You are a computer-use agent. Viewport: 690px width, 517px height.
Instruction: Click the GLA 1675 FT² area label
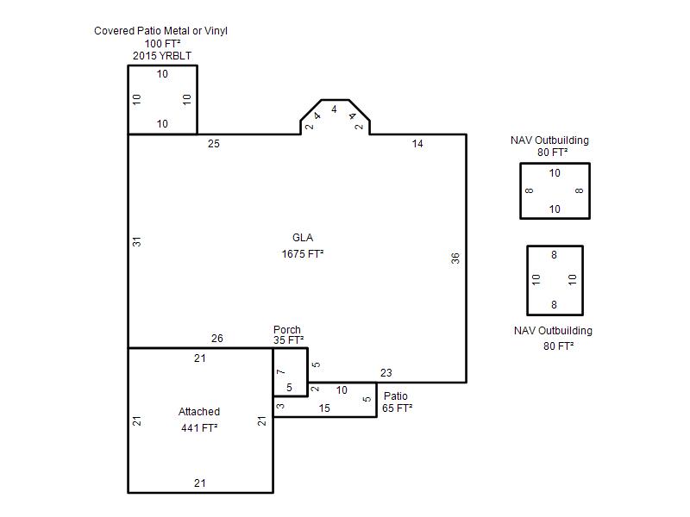[303, 246]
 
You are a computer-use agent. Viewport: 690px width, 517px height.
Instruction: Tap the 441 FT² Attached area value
[199, 427]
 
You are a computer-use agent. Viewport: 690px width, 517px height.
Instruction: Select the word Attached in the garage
[199, 412]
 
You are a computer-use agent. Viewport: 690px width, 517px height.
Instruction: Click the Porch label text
[287, 330]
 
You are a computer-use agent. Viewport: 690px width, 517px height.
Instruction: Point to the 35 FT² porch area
[288, 340]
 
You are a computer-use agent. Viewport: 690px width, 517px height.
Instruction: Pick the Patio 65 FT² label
[397, 402]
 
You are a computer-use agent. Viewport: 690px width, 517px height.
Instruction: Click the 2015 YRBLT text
[162, 56]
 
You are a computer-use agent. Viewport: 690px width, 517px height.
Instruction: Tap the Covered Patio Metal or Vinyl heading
[160, 31]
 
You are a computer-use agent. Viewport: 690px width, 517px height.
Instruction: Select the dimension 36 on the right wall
[455, 258]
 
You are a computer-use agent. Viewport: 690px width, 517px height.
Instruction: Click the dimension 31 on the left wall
[137, 242]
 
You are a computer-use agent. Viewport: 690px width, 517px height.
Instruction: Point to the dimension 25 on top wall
[214, 144]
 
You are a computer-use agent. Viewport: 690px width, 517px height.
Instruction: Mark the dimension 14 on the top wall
[417, 144]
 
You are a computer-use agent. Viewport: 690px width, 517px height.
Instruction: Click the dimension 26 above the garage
[217, 339]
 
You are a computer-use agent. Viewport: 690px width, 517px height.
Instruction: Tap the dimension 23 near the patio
[386, 373]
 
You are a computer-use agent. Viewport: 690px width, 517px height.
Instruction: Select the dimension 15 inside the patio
[324, 408]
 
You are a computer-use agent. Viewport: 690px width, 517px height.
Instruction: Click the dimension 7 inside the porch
[281, 372]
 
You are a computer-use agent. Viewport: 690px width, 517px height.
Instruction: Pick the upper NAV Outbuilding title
[549, 140]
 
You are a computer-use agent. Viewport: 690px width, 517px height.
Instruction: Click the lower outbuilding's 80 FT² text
[558, 346]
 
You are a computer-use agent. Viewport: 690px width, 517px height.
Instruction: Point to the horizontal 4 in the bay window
[334, 109]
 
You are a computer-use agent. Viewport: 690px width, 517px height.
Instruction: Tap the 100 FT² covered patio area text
[162, 44]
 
